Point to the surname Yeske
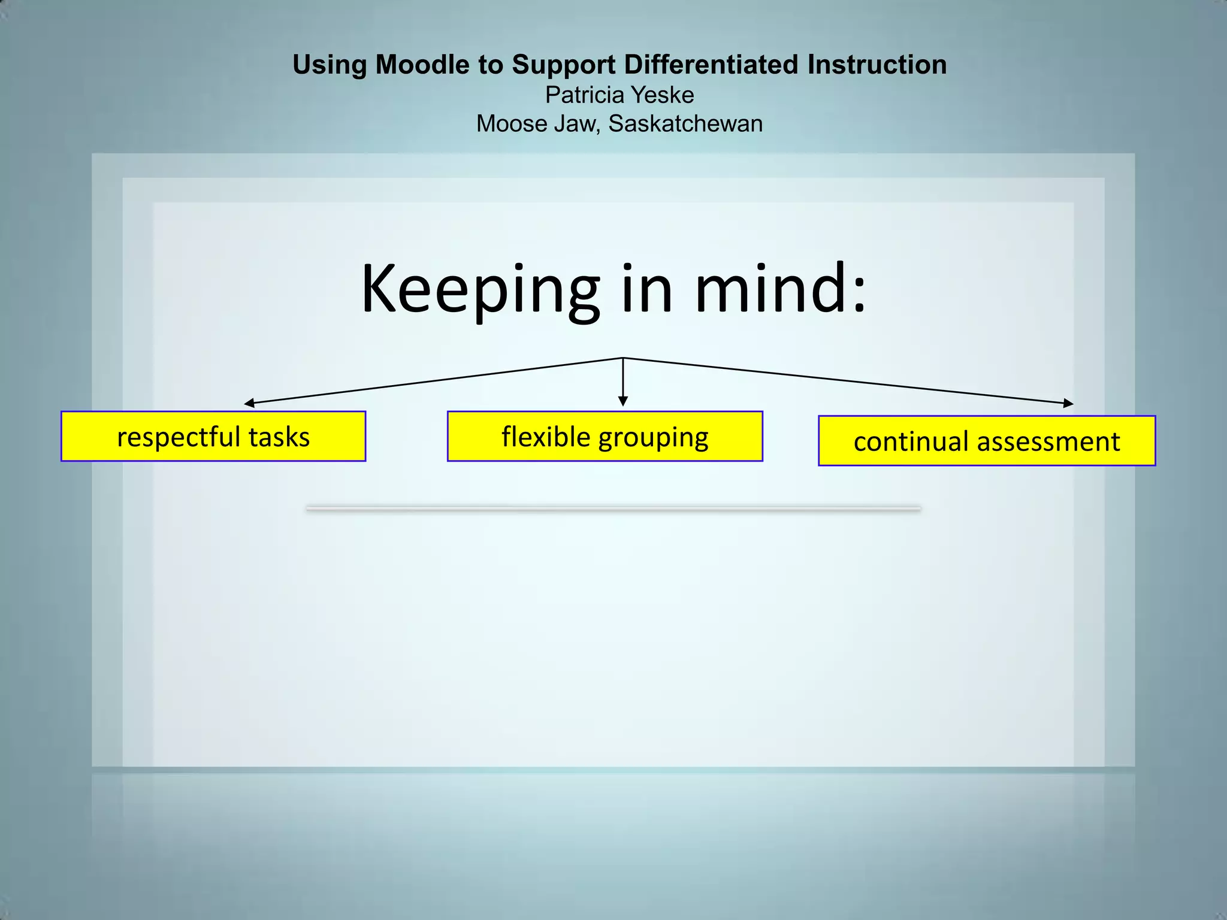point(663,95)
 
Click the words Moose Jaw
point(537,124)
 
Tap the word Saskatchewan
point(685,124)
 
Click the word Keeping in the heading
point(480,290)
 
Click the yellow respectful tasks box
point(213,437)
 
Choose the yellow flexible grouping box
point(605,437)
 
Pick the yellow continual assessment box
point(986,441)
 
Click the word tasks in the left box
point(279,437)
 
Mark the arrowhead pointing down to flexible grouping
point(623,401)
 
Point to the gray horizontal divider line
point(613,509)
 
